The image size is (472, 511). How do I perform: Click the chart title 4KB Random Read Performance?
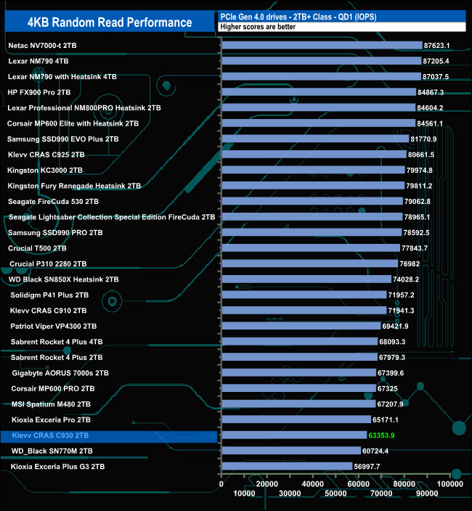point(110,22)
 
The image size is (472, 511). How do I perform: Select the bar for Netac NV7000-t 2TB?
point(322,45)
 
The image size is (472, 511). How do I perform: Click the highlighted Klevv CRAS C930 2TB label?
point(51,436)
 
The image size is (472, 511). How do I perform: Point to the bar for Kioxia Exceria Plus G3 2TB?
point(287,467)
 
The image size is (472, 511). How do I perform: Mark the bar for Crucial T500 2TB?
point(311,248)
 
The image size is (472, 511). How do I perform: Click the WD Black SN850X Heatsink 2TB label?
point(63,279)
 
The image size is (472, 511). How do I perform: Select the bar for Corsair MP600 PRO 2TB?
point(298,388)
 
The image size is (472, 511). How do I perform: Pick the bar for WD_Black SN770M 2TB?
point(291,451)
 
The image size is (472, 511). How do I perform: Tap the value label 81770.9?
point(428,139)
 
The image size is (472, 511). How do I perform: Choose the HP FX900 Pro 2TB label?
point(39,92)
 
